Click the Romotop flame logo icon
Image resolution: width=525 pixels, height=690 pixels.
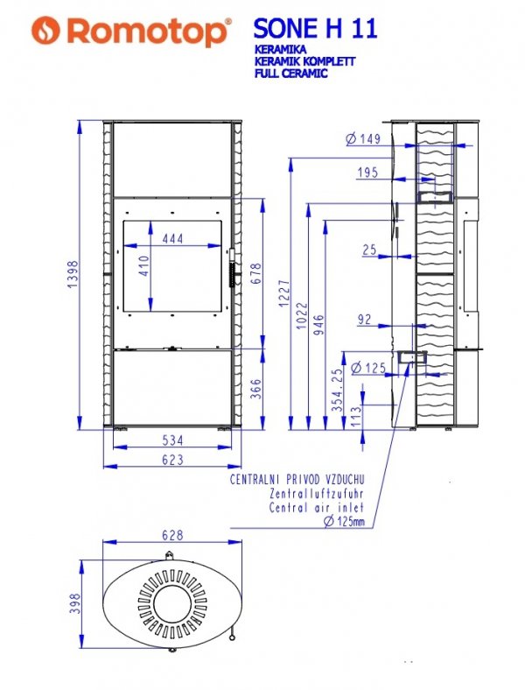tap(45, 31)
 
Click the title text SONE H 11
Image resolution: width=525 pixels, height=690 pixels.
tap(315, 29)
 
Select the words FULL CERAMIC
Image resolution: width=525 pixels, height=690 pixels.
tap(290, 73)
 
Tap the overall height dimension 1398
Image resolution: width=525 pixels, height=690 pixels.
tap(73, 274)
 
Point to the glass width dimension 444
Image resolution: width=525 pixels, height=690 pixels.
tap(172, 238)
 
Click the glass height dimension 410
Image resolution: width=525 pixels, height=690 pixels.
tap(143, 266)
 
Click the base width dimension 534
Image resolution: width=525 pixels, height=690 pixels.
tap(172, 440)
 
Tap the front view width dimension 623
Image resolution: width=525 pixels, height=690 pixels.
tap(172, 460)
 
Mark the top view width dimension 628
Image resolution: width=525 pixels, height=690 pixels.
tap(172, 535)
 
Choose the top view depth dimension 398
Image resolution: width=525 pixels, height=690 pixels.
tap(75, 603)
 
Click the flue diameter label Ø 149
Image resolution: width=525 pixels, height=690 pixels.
tap(363, 139)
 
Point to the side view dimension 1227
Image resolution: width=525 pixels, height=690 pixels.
tap(284, 293)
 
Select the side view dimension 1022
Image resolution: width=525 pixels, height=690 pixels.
tap(302, 315)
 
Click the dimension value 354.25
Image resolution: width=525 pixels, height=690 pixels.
tap(337, 390)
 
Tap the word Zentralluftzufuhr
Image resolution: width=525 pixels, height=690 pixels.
tap(317, 494)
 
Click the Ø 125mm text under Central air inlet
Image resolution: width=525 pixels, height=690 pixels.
tap(344, 522)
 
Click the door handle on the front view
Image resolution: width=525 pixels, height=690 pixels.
tap(232, 269)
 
